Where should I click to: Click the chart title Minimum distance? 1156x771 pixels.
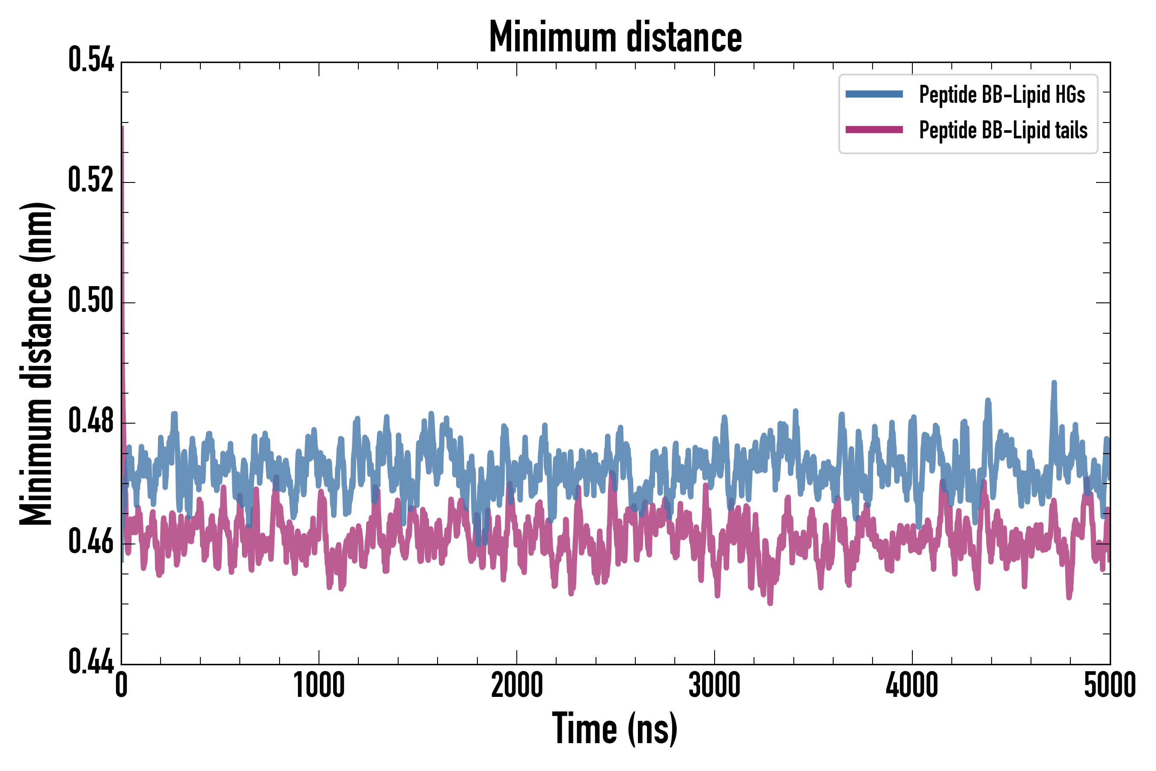tap(615, 37)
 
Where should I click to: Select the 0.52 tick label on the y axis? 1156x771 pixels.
tap(91, 180)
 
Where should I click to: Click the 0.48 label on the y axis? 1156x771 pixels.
tap(91, 421)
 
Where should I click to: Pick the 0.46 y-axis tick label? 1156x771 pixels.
tap(91, 541)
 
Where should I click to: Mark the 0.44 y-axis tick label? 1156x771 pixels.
tap(91, 661)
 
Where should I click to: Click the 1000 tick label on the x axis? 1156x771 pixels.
tap(319, 685)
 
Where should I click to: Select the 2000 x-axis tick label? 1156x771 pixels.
tap(517, 685)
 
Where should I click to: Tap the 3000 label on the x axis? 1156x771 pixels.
tap(714, 685)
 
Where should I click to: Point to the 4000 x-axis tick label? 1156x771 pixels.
tap(912, 685)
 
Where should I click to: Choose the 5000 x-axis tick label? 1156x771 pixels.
tap(1110, 685)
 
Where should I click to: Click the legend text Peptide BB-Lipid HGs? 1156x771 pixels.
tap(1002, 94)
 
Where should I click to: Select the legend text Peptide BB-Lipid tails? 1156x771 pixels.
tap(1003, 130)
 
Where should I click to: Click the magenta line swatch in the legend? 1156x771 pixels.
tap(874, 130)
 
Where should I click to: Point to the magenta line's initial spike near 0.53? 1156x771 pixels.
tap(122, 129)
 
